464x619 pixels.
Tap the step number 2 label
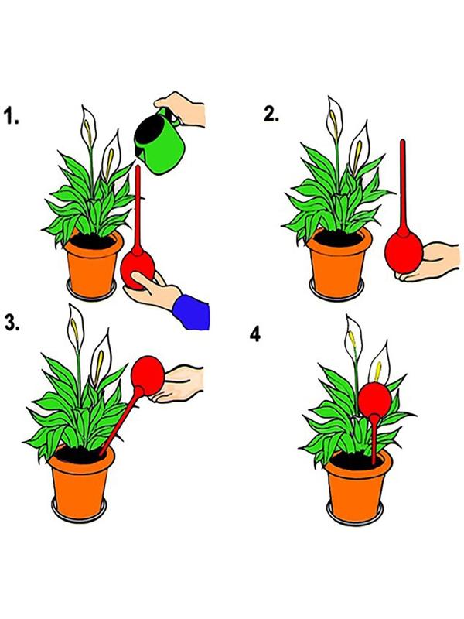click(271, 114)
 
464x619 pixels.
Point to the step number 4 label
click(255, 335)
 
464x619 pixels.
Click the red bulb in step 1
click(138, 269)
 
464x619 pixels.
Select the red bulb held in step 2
click(404, 254)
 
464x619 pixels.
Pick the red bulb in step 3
click(148, 375)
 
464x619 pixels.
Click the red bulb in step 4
click(375, 398)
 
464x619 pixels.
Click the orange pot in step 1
click(93, 263)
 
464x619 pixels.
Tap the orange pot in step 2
click(339, 262)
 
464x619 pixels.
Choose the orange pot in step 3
click(81, 482)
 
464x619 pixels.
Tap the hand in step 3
click(179, 383)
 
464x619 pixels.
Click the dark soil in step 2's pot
click(339, 238)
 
